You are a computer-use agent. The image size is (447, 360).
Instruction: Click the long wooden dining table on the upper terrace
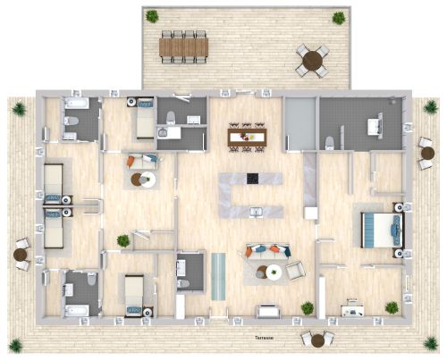click(183, 46)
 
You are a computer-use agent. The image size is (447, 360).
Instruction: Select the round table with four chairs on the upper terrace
click(312, 60)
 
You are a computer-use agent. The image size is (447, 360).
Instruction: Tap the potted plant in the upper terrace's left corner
click(153, 16)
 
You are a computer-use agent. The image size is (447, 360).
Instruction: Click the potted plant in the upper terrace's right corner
click(339, 17)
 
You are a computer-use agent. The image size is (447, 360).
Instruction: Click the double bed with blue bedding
click(379, 230)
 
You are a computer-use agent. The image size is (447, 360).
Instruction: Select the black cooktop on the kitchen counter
click(252, 178)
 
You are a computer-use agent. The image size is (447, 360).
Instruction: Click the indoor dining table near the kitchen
click(248, 136)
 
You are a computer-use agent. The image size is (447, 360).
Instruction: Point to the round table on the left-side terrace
click(21, 254)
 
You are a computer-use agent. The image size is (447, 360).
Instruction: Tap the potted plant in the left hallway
click(122, 241)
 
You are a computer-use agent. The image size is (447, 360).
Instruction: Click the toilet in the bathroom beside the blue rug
click(183, 284)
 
